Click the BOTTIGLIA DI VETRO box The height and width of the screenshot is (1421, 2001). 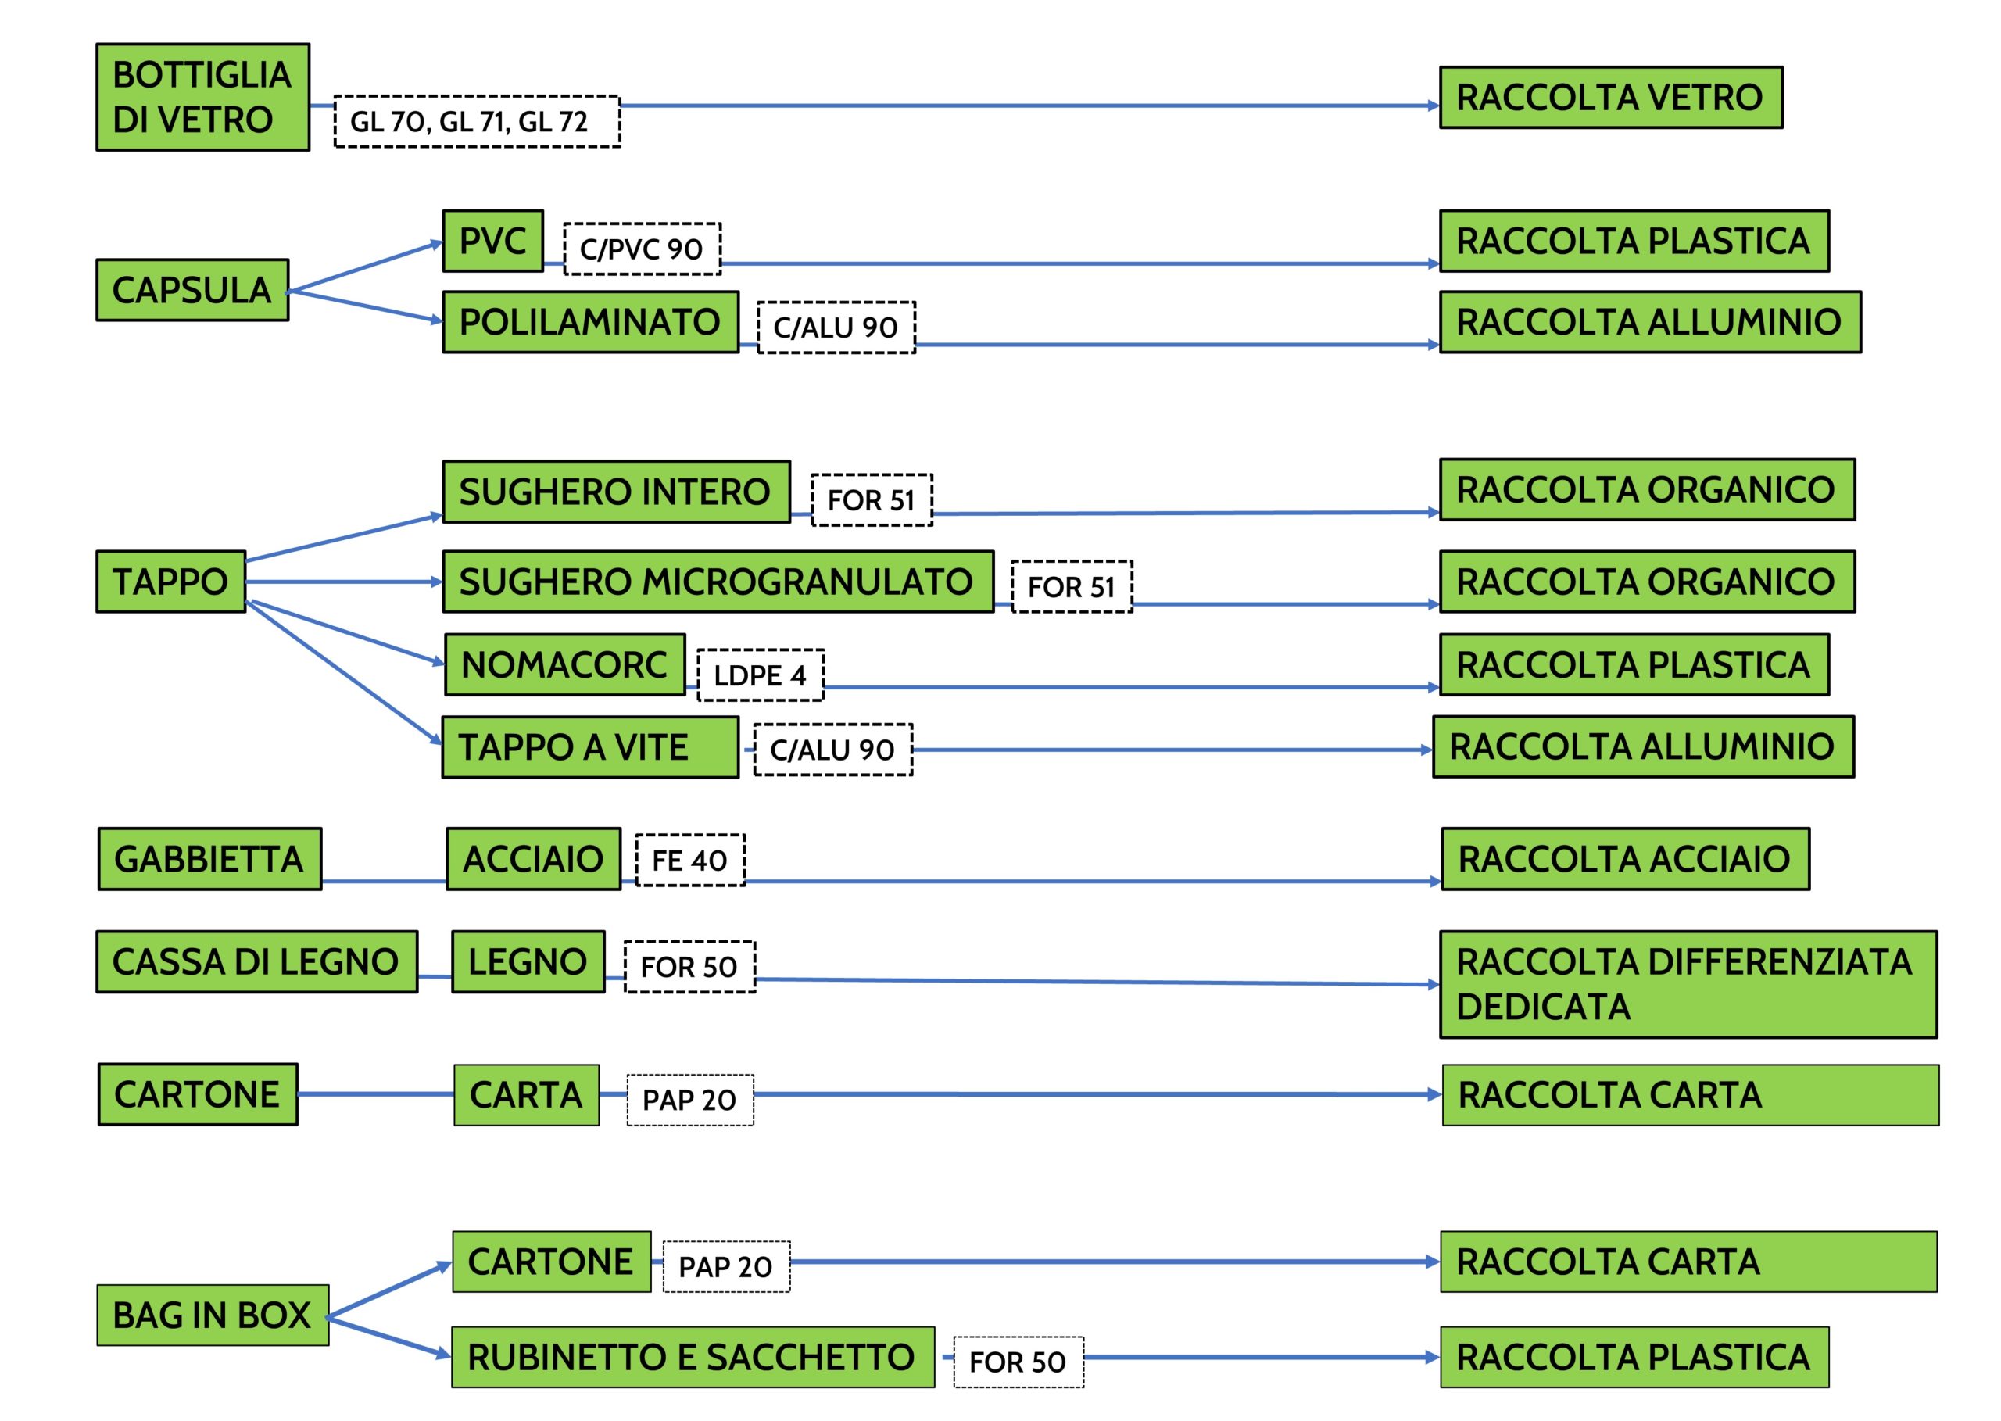pyautogui.click(x=202, y=97)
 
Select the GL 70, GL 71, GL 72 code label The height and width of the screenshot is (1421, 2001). pyautogui.click(x=477, y=122)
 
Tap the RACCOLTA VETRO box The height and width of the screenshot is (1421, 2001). pyautogui.click(x=1610, y=97)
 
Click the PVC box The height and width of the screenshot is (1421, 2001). pyautogui.click(x=492, y=241)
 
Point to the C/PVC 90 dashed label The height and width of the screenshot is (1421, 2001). pyautogui.click(x=641, y=249)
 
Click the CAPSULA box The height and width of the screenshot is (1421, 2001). pyautogui.click(x=192, y=290)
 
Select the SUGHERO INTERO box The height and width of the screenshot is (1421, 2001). pyautogui.click(x=616, y=492)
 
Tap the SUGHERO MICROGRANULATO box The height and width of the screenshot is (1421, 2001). pyautogui.click(x=718, y=582)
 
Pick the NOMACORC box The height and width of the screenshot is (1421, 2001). pyautogui.click(x=564, y=665)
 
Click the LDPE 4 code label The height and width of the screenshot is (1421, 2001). pyautogui.click(x=760, y=675)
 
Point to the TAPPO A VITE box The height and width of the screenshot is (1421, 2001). pyautogui.click(x=589, y=747)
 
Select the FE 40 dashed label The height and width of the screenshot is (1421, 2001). pyautogui.click(x=689, y=860)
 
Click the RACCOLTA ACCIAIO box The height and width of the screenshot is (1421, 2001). pyautogui.click(x=1625, y=859)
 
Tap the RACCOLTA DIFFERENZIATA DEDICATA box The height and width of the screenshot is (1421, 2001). pyautogui.click(x=1688, y=984)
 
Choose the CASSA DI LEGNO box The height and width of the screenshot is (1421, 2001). pyautogui.click(x=256, y=961)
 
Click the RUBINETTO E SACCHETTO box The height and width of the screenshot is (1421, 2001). pyautogui.click(x=692, y=1357)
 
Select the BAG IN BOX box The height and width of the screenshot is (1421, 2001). pyautogui.click(x=213, y=1315)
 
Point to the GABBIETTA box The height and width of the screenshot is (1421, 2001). pyautogui.click(x=210, y=859)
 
